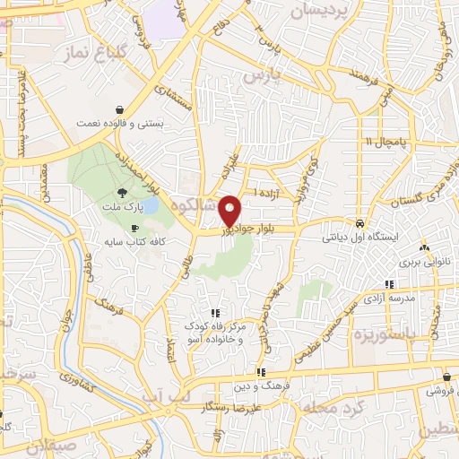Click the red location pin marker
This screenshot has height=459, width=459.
coord(230,210)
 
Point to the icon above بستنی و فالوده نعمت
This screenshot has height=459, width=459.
coord(119,109)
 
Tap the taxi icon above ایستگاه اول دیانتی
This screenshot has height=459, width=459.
coord(359,223)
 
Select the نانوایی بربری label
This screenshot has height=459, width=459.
coord(422,262)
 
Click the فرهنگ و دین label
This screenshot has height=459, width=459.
coord(259,385)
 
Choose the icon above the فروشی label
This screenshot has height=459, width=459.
coord(446,377)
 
